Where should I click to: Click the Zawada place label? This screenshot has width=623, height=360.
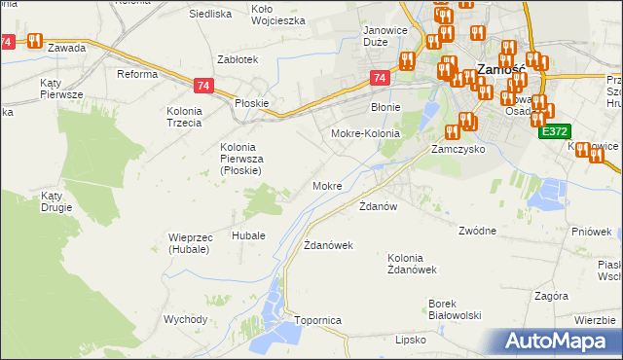pos(65,47)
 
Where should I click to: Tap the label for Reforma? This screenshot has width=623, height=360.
pos(136,74)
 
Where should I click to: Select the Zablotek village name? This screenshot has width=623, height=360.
pos(238,58)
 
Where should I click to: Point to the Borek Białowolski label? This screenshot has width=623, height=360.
pos(456,309)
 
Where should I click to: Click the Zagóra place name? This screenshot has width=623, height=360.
pos(551,295)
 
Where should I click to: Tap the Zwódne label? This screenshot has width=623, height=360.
pos(477,231)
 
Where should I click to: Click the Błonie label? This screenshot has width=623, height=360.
pos(386,108)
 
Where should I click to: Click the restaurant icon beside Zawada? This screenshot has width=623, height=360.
pos(35,41)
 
